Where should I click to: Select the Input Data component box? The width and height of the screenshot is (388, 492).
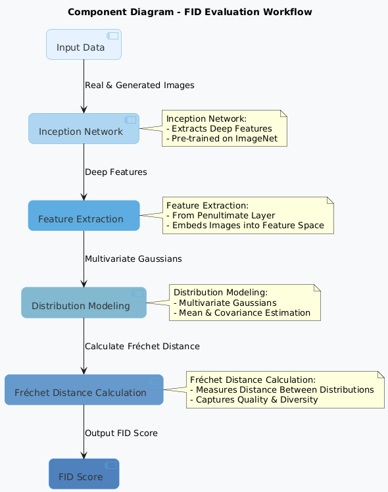pos(84,45)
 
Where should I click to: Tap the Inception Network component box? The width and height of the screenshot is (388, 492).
pos(84,129)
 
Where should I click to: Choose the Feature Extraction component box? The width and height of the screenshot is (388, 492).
pos(84,216)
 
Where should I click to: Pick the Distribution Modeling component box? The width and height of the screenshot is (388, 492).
pos(84,303)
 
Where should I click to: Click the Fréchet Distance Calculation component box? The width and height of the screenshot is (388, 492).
pos(84,390)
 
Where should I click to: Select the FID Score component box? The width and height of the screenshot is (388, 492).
pos(84,474)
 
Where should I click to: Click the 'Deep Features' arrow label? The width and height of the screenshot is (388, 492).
pos(116,172)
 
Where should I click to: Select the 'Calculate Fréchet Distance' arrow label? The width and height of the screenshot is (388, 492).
pos(142,346)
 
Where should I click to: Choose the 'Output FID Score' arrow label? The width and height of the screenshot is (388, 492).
pos(121,433)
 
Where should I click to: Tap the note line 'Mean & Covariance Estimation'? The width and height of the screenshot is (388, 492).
pos(242,312)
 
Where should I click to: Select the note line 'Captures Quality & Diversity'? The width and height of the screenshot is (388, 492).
pos(254,399)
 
